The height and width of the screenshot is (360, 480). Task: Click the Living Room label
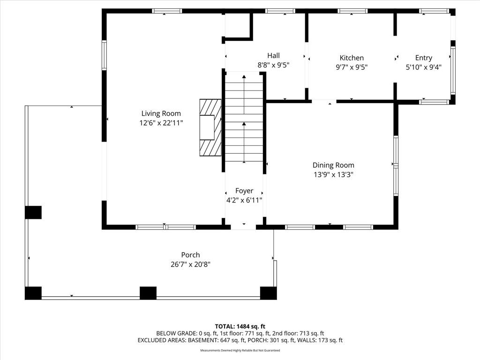161,113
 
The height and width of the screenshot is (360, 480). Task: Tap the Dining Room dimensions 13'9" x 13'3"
333,175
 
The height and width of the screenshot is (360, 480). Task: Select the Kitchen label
352,58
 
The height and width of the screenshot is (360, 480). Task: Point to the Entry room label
424,58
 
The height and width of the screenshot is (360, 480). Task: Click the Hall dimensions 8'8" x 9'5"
273,65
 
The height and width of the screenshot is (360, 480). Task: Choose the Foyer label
244,191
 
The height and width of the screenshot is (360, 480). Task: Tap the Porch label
190,255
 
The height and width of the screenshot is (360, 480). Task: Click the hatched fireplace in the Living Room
210,127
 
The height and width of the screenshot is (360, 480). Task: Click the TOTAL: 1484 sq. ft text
240,326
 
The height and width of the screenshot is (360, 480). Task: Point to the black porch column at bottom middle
148,293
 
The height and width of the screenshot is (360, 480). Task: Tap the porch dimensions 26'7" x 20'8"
190,264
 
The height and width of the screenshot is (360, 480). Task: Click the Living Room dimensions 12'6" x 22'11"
161,123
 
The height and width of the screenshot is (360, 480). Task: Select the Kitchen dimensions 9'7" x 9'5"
352,67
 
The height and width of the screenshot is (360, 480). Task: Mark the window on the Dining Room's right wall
396,165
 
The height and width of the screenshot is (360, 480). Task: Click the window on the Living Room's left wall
105,55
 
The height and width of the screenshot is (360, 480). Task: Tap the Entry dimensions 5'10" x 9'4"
424,67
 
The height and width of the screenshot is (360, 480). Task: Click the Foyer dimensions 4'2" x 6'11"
244,200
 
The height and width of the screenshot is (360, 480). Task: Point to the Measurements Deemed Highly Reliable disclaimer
240,350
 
